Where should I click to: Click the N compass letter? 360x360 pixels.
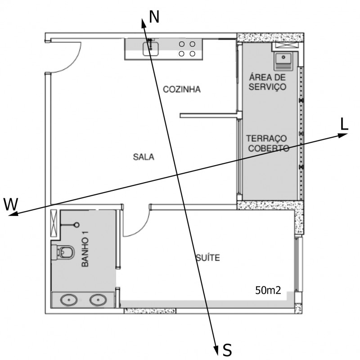(x=154, y=17)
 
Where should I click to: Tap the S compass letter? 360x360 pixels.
(x=227, y=349)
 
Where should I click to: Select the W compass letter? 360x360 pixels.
(x=11, y=204)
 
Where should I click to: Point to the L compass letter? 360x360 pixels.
(x=344, y=125)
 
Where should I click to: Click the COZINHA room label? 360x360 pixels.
(x=181, y=90)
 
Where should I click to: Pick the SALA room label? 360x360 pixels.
(x=144, y=157)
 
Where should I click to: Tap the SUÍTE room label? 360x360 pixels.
(x=207, y=258)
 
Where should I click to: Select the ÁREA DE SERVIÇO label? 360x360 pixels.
(x=267, y=82)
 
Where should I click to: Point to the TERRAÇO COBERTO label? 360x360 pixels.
(x=267, y=143)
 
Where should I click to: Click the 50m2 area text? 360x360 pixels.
(x=268, y=290)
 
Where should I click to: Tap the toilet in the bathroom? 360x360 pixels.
(x=64, y=252)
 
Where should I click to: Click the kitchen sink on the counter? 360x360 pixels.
(x=150, y=47)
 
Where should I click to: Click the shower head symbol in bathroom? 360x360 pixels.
(x=76, y=225)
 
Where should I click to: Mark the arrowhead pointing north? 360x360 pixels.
(x=144, y=22)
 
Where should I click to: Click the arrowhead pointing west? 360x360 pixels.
(x=13, y=214)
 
